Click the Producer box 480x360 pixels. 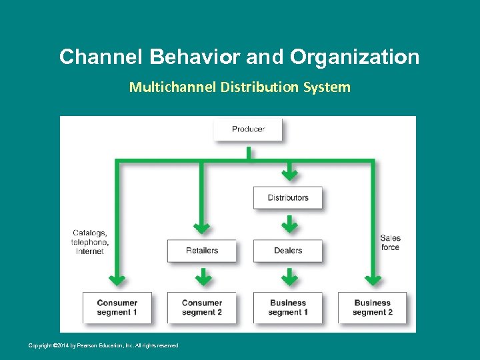click(x=248, y=129)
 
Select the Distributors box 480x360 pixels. click(x=288, y=198)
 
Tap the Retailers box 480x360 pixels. click(x=201, y=251)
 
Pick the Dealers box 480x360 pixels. click(x=288, y=251)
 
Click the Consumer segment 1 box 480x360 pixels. click(x=117, y=307)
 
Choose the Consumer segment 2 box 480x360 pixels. click(x=201, y=307)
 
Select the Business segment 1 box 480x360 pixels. click(x=288, y=307)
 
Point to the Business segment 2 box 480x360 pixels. click(x=373, y=307)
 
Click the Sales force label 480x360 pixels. click(x=390, y=243)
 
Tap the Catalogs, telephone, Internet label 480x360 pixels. click(x=89, y=242)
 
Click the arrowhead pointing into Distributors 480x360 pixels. click(x=289, y=175)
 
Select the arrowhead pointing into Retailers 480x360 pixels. click(x=201, y=228)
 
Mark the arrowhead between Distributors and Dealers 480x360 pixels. click(x=289, y=227)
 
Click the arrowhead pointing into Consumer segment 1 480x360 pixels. click(x=117, y=279)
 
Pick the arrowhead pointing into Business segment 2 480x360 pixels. click(x=373, y=279)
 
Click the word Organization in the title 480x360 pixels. click(x=355, y=57)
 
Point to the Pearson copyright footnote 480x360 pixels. click(x=103, y=345)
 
